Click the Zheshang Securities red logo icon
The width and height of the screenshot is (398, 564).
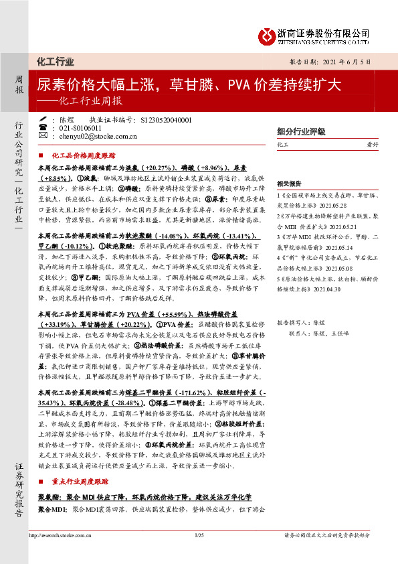(x=270, y=33)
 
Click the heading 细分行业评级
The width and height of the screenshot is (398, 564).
(x=301, y=131)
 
